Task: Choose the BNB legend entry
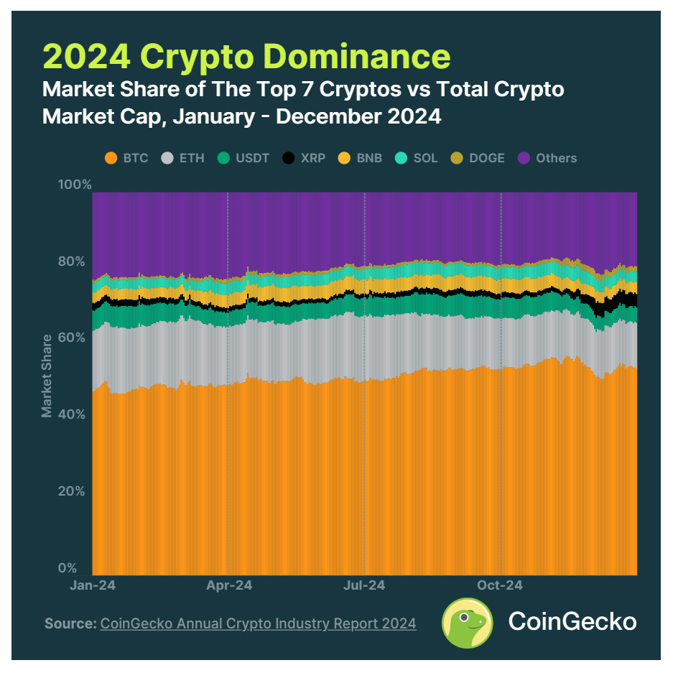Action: point(361,158)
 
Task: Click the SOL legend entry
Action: point(416,158)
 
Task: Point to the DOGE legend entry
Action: point(477,158)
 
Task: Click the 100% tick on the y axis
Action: point(75,185)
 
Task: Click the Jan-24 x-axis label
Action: point(92,585)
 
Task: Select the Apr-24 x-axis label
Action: point(228,585)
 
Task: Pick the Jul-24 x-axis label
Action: point(364,585)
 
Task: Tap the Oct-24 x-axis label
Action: point(500,585)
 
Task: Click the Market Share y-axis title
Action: point(47,376)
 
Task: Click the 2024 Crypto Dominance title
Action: point(246,56)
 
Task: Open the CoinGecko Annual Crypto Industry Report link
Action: point(258,623)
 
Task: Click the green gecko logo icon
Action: point(467,621)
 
